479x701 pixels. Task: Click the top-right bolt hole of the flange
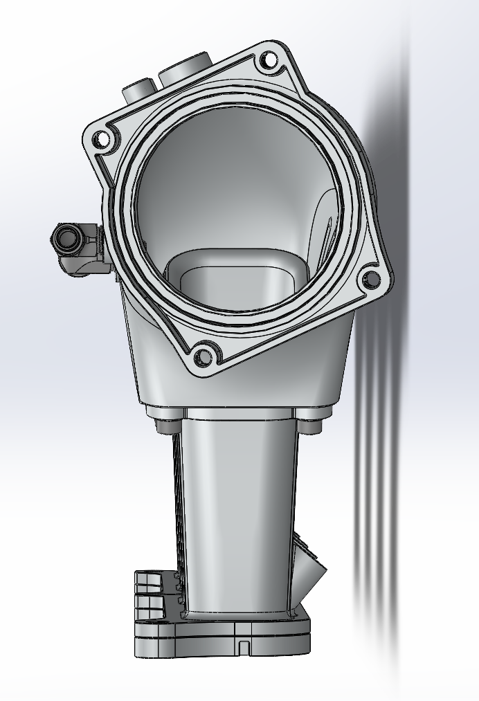269,63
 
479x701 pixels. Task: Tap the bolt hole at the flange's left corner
102,139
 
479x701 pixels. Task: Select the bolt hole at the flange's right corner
371,280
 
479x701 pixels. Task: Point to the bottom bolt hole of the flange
202,357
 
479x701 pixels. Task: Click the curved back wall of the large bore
228,187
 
